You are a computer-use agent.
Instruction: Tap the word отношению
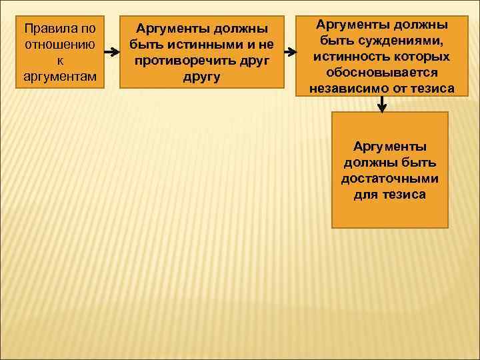coord(59,46)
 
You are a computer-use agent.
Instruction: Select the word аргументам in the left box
coord(59,77)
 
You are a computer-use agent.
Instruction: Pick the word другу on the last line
coord(201,77)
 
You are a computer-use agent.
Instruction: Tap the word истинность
coord(350,56)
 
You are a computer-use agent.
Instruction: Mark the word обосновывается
coord(382,72)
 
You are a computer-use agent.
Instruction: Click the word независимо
coord(355,88)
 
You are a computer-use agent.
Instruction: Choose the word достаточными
coord(390,178)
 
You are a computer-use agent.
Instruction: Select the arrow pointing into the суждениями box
coord(288,51)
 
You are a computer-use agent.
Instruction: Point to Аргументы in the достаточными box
coord(390,146)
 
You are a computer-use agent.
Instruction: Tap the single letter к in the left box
coord(59,61)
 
